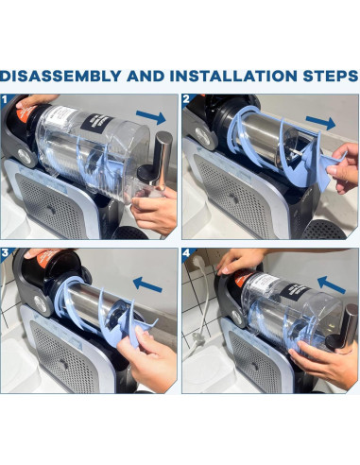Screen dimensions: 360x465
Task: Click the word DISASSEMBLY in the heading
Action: tap(60, 77)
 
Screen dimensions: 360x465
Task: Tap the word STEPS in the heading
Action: tap(331, 77)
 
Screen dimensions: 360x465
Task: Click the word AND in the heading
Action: tap(146, 77)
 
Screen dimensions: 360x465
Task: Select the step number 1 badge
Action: tap(5, 99)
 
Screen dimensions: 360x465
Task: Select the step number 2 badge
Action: tap(186, 99)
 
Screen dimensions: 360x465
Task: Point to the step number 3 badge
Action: tap(5, 253)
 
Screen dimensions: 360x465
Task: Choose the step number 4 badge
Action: tap(186, 253)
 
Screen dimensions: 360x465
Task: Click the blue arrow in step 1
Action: tap(151, 117)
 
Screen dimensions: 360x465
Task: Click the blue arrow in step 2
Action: tap(320, 122)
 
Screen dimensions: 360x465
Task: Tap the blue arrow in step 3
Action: tap(147, 284)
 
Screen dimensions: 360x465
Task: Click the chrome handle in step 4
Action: tap(343, 328)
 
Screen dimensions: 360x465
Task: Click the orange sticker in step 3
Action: tap(47, 257)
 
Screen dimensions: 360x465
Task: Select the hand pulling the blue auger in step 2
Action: tap(343, 168)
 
